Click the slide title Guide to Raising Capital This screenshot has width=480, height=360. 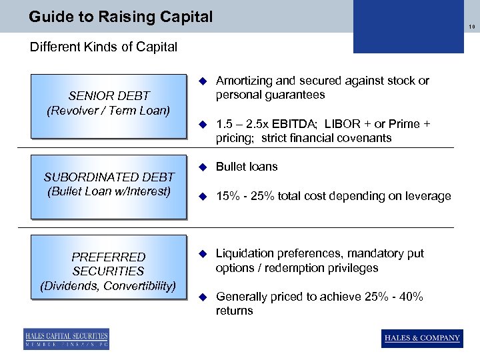[x=121, y=16]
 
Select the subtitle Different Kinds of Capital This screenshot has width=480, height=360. [x=103, y=47]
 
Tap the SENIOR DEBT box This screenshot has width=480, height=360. [x=108, y=104]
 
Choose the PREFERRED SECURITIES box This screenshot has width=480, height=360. [x=108, y=271]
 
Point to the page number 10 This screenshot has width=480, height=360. [x=471, y=27]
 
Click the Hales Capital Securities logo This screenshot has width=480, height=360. [x=66, y=339]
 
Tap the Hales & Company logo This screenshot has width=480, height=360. [x=422, y=338]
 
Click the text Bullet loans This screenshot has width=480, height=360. [x=247, y=167]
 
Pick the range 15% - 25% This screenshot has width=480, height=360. [x=246, y=196]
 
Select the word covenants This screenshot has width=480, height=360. [x=365, y=139]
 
